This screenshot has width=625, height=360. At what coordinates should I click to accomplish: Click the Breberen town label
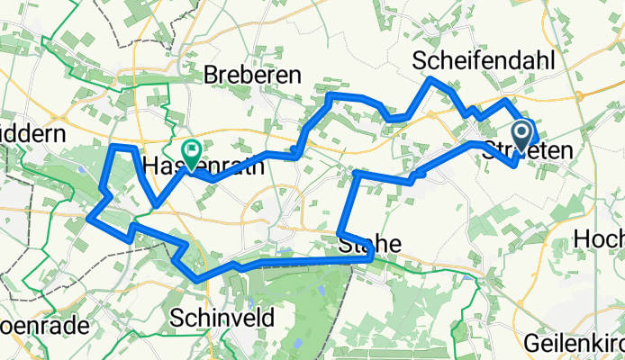252,76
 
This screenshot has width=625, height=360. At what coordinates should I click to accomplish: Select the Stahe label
365,244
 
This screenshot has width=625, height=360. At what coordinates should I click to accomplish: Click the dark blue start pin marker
521,138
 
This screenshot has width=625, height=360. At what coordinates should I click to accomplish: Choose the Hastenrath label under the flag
204,166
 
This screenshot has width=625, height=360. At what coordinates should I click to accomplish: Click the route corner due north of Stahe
358,172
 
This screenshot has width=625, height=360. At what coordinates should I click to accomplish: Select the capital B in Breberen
213,76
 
